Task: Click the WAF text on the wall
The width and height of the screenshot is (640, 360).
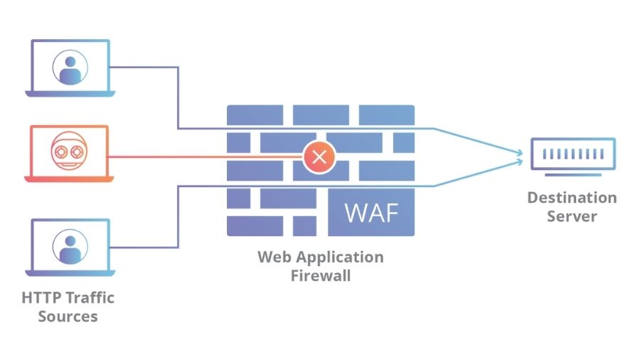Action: (371, 211)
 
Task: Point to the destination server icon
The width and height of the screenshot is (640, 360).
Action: (572, 153)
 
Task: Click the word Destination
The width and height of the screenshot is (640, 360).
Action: (572, 197)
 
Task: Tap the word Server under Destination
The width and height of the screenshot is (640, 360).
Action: (572, 216)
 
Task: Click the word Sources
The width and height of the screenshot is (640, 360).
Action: (68, 316)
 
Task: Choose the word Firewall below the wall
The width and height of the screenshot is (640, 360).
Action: (320, 275)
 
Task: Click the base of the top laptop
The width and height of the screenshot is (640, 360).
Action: (69, 93)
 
